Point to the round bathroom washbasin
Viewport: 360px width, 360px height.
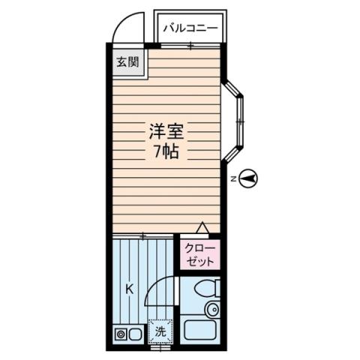tap(213, 309)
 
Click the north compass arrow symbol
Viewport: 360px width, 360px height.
tap(250, 178)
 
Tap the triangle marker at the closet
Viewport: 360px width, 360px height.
tap(202, 227)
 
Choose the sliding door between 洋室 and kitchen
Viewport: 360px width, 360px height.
tap(144, 235)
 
